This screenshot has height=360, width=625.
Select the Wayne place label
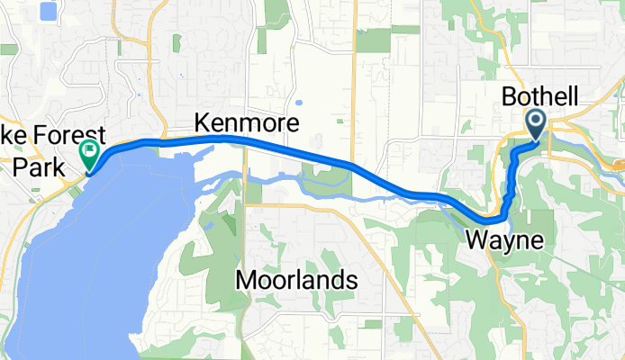[x=504, y=241]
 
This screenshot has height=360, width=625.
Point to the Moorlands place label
[x=295, y=281]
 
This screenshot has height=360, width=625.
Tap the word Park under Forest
[x=34, y=166]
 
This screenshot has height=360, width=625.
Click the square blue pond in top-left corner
[x=48, y=12]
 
